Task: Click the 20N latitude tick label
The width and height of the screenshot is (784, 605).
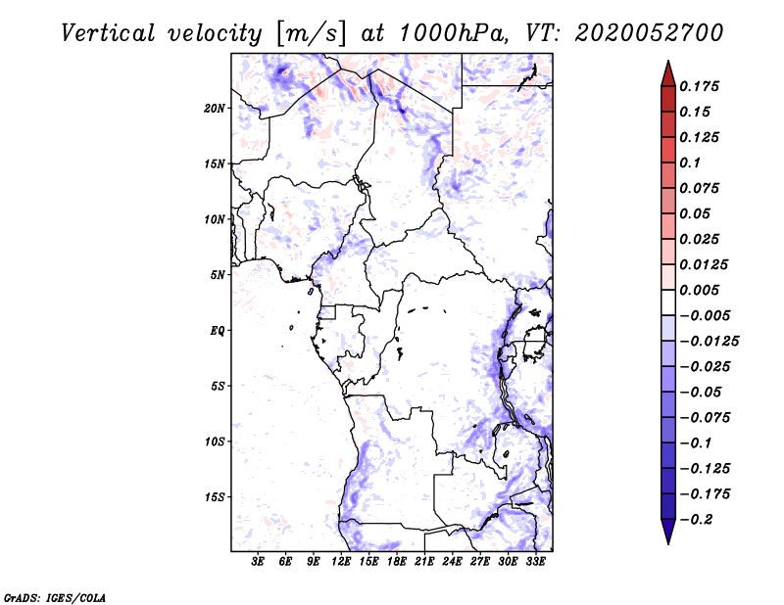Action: [x=215, y=108]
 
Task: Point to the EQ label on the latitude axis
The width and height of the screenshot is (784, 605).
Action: [x=217, y=330]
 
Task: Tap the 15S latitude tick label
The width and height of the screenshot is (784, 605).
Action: [x=215, y=497]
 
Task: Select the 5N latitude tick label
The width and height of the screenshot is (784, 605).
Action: [x=218, y=275]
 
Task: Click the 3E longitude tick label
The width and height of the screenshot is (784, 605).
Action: [x=258, y=562]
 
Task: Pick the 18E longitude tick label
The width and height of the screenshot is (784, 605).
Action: [x=397, y=562]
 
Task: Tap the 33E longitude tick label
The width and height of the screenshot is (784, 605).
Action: [x=535, y=562]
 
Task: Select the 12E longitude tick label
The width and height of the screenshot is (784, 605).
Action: [x=341, y=562]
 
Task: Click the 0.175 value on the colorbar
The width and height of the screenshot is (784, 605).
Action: [x=699, y=86]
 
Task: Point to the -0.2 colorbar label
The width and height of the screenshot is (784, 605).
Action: [x=696, y=520]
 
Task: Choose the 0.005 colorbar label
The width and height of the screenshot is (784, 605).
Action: [x=699, y=290]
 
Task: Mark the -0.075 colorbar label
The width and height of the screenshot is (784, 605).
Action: [x=705, y=418]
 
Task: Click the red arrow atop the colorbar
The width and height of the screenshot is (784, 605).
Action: [x=668, y=74]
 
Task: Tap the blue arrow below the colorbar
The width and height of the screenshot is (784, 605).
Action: [x=668, y=531]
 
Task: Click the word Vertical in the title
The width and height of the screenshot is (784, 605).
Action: [x=108, y=33]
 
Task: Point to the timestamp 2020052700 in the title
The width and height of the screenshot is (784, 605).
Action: [x=649, y=33]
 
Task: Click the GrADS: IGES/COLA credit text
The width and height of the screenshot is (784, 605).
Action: [x=55, y=597]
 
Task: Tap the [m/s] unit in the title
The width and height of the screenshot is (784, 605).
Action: [x=310, y=34]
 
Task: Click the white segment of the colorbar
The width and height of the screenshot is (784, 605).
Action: [x=668, y=302]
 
